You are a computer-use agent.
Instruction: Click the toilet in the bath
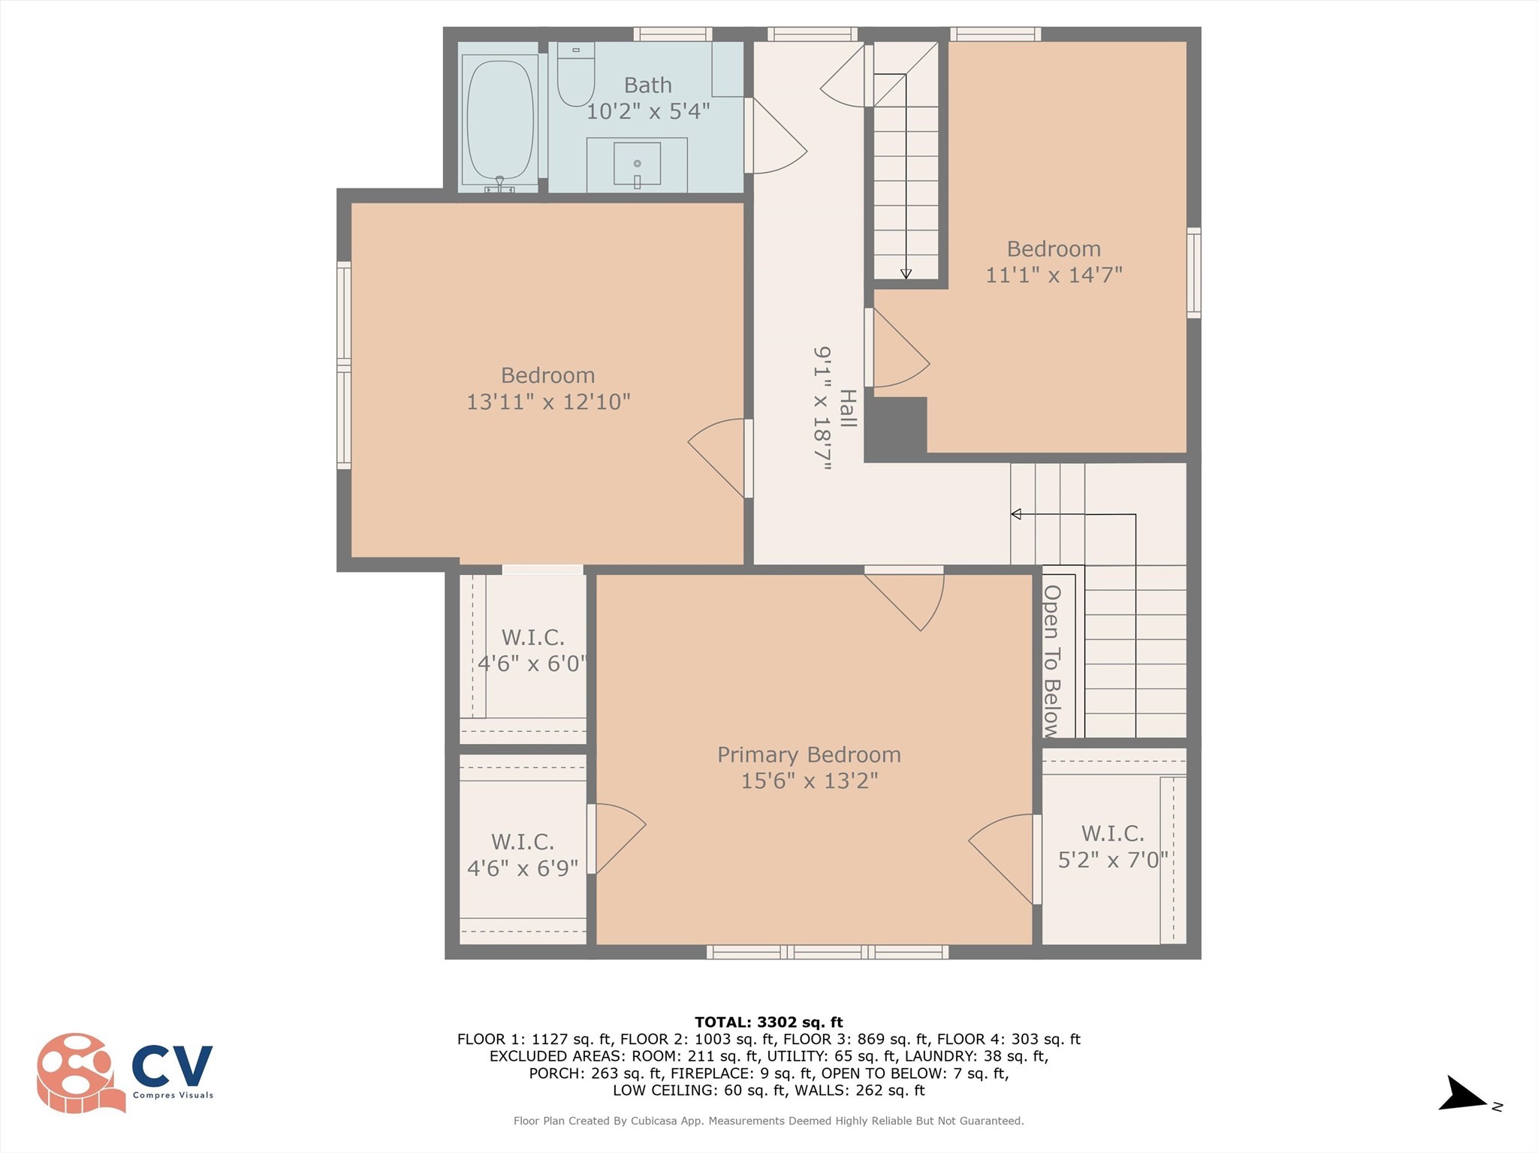point(576,76)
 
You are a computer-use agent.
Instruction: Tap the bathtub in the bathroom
point(500,120)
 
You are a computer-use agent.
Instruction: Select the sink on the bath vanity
point(637,164)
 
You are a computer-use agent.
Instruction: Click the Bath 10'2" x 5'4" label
point(647,98)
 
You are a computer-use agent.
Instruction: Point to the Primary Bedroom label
point(809,754)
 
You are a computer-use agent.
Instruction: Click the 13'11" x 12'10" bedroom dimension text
point(548,402)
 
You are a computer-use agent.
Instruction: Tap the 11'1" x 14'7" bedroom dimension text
point(1054,275)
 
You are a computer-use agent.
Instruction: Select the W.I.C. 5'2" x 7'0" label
point(1113,846)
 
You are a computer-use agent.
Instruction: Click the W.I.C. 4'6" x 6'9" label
point(523,855)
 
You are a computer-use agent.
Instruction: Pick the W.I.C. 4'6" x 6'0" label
point(532,650)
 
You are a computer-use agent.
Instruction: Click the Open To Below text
point(1051,661)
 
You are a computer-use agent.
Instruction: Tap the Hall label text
point(848,408)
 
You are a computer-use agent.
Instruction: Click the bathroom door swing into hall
point(777,139)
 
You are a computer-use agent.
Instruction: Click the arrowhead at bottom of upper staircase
point(906,274)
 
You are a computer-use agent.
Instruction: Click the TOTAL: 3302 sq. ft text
point(768,1022)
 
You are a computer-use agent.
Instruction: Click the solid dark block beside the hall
point(896,429)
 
